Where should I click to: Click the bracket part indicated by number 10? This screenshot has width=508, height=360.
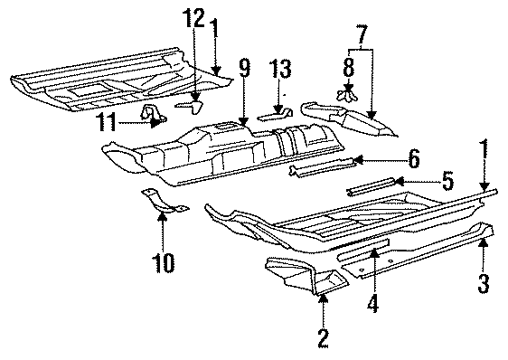159,203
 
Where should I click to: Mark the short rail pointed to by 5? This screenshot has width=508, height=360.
371,186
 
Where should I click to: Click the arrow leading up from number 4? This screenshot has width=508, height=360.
371,271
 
